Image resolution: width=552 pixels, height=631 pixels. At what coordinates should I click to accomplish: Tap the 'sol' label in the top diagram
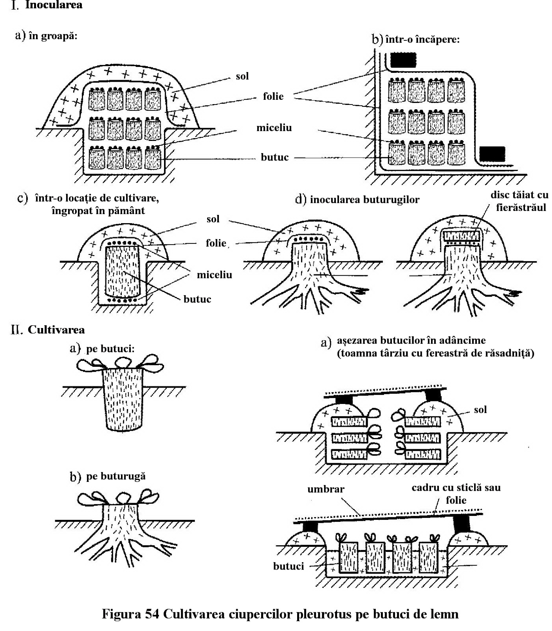[x=242, y=76]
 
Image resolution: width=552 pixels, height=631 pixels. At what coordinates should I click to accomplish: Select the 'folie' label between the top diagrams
[x=273, y=96]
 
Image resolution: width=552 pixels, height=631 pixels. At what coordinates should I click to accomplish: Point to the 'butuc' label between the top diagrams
[x=275, y=157]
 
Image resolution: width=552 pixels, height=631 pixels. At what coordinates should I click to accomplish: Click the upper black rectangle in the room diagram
[x=403, y=59]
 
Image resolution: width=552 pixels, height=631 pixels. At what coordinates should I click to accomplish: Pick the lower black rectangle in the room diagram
[x=492, y=154]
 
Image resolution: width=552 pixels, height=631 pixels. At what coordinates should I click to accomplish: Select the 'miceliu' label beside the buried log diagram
[x=214, y=275]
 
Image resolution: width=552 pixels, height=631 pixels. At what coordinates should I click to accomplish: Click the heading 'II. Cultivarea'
[x=48, y=330]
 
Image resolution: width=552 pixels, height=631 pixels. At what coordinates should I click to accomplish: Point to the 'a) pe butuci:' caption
[x=102, y=349]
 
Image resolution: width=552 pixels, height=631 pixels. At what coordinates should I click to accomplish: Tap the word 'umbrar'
[x=325, y=489]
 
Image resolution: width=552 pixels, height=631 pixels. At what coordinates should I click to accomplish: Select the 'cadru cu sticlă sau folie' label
[x=456, y=494]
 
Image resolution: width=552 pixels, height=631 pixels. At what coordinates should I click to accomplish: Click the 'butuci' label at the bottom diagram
[x=289, y=566]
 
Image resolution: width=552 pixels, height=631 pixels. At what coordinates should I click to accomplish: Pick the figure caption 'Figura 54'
[x=280, y=614]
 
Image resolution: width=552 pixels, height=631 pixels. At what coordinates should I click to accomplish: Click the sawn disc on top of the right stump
[x=462, y=236]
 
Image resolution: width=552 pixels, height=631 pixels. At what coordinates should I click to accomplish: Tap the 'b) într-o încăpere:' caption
[x=415, y=40]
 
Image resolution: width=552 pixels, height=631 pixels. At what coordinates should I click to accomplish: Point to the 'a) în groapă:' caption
[x=46, y=36]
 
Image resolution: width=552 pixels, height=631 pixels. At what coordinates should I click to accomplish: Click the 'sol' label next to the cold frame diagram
[x=480, y=410]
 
